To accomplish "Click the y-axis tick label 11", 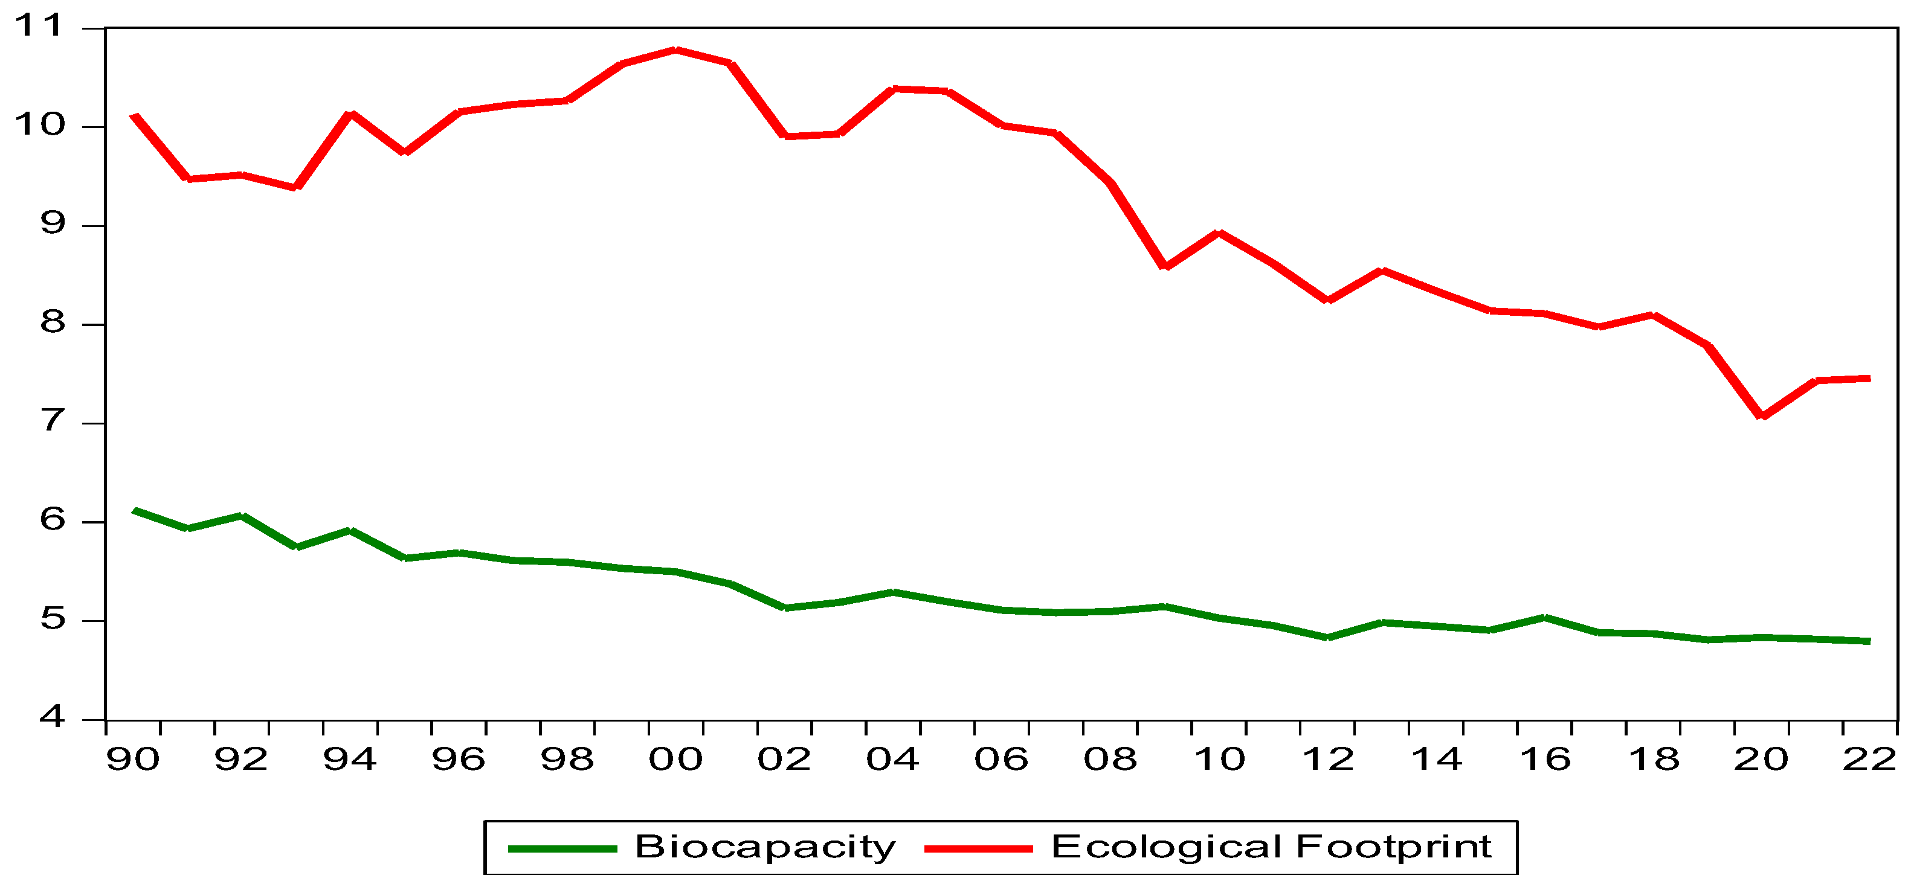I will click(39, 26).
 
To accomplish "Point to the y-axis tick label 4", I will click(52, 717).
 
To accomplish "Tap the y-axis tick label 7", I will click(52, 421).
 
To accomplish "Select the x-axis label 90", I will click(133, 760).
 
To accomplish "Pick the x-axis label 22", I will click(1869, 760).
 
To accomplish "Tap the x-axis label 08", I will click(1110, 760).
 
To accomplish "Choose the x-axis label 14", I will click(1436, 760).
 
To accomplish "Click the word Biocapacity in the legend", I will click(765, 848).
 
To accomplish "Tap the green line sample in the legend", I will click(562, 849).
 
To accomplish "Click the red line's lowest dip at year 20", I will click(1761, 416).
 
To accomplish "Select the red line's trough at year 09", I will click(1165, 266).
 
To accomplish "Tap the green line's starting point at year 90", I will click(134, 510).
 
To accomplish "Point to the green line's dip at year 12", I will click(1327, 637).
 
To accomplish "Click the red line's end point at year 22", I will click(1869, 378).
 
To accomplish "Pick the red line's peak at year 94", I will click(351, 114).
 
